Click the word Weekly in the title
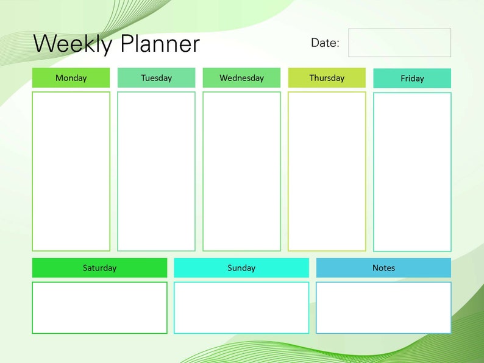point(73,44)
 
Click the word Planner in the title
point(160,44)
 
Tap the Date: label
point(325,43)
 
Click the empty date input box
point(399,43)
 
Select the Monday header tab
point(71,78)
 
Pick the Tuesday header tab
point(156,78)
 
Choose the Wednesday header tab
point(241,78)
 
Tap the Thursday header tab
point(327,78)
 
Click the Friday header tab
point(412,79)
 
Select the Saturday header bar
point(99,268)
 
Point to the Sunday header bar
point(241,268)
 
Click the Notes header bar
point(383,268)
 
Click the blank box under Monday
point(71,171)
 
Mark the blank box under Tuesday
point(156,171)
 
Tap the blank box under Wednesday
point(241,171)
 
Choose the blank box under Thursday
point(327,171)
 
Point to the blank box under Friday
point(412,172)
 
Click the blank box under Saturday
point(99,308)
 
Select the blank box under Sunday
point(241,308)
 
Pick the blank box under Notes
point(383,308)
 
